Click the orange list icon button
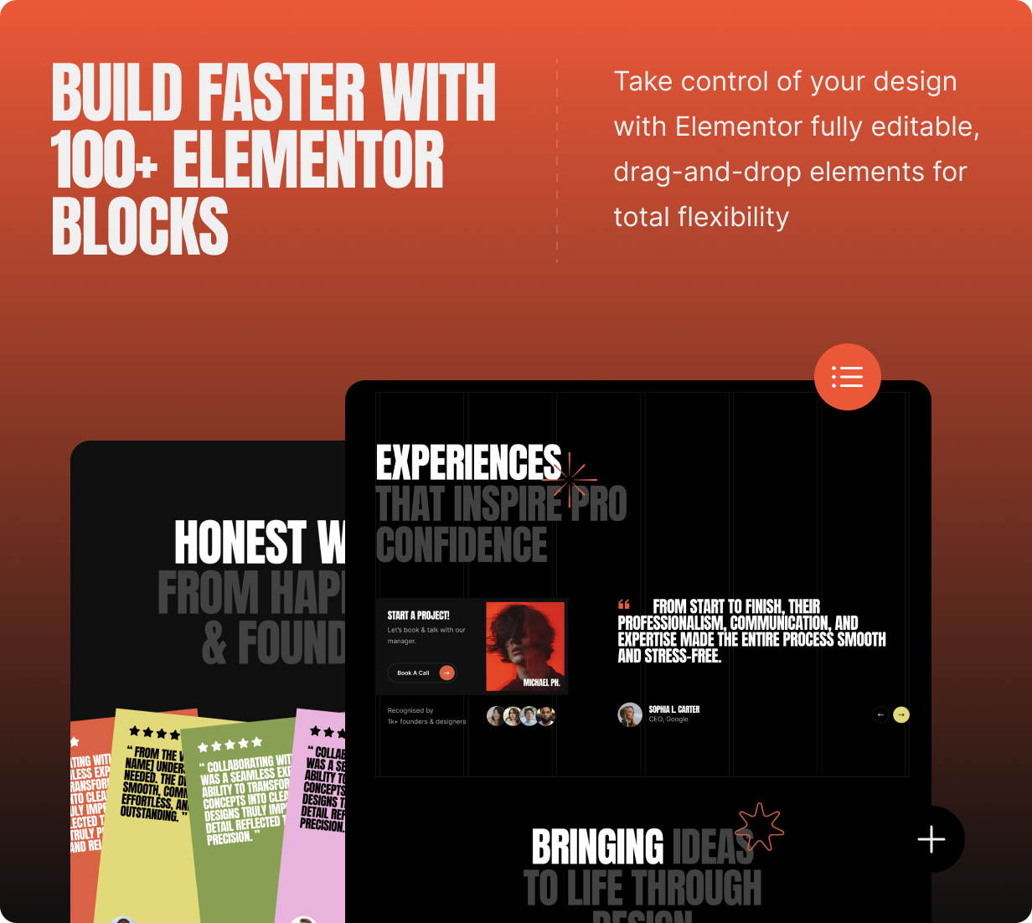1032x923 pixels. click(847, 377)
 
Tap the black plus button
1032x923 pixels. click(931, 839)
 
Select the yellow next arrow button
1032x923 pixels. click(901, 714)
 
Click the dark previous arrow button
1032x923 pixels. click(880, 714)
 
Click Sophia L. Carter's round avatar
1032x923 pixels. click(629, 714)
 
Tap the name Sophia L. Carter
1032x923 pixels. click(673, 709)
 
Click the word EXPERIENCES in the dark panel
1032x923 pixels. click(468, 462)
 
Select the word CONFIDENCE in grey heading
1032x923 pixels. click(462, 546)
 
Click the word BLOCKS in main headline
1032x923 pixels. click(140, 227)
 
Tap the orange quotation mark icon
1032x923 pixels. click(624, 604)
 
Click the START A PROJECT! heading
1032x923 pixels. click(418, 616)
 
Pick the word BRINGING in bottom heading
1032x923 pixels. click(597, 847)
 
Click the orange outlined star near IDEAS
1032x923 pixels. click(759, 827)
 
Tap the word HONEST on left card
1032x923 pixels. click(240, 543)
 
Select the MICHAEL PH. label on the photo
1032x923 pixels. click(541, 683)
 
